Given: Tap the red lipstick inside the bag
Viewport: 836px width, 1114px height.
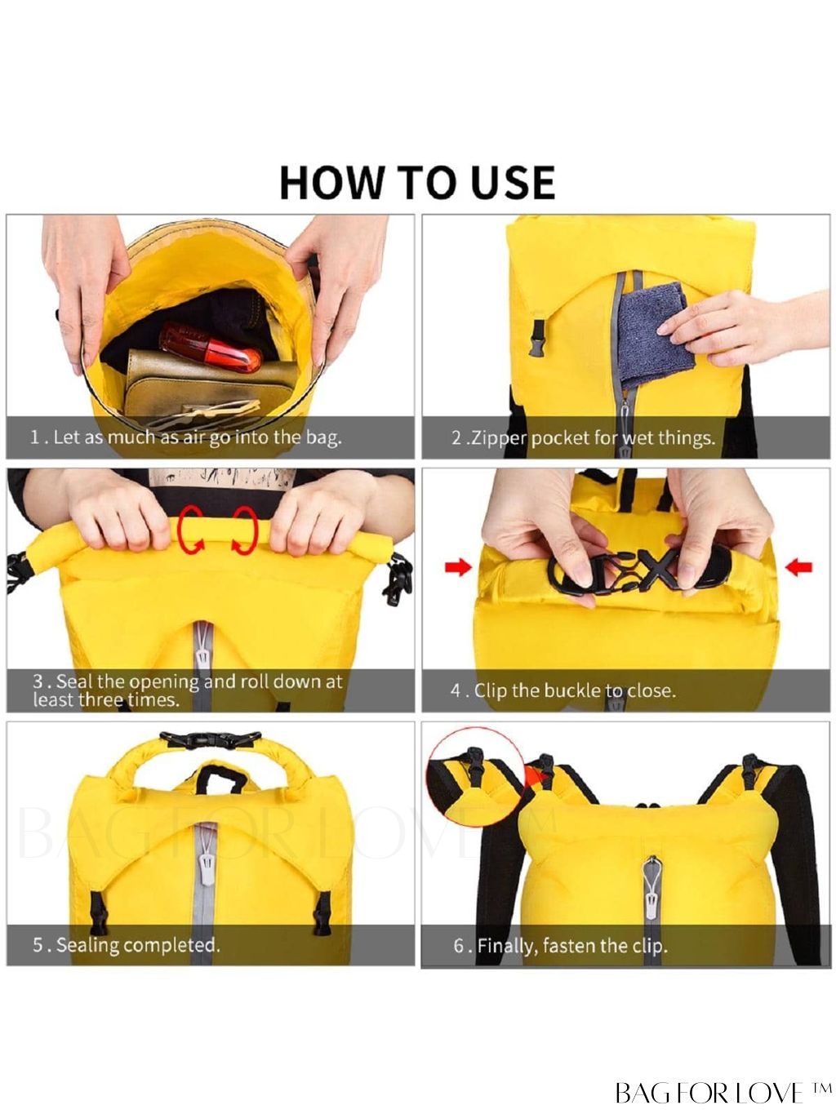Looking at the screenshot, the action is tap(210, 347).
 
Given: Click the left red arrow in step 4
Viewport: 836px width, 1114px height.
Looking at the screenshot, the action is tap(458, 567).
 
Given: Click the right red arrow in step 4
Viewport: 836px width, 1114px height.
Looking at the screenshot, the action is tap(799, 567).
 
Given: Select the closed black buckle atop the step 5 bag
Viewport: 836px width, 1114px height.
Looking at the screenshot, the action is tap(210, 739).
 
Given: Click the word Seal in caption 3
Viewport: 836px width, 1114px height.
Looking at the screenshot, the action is tap(74, 681).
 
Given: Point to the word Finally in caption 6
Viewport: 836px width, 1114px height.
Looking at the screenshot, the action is tap(507, 947).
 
